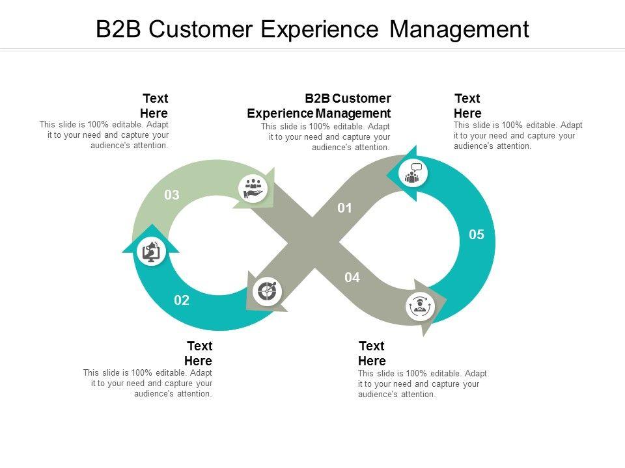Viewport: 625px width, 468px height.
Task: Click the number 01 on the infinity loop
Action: (x=344, y=208)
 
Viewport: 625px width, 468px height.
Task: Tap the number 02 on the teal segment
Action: (x=182, y=300)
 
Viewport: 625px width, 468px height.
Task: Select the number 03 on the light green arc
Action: (x=172, y=194)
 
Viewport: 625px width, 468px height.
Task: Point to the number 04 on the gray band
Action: (x=352, y=278)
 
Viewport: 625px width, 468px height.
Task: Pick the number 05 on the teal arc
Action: (x=477, y=235)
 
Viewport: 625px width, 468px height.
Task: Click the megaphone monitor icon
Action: (x=151, y=252)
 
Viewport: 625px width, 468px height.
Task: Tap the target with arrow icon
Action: (x=267, y=291)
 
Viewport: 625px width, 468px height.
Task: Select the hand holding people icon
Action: (x=253, y=188)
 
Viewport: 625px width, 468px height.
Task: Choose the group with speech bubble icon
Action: (x=413, y=173)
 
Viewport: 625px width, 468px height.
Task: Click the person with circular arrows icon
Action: (x=420, y=306)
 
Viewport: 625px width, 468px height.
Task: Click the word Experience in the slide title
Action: (x=320, y=29)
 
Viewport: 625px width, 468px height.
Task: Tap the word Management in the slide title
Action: (x=459, y=30)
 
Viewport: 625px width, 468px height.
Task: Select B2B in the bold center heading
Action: (x=317, y=98)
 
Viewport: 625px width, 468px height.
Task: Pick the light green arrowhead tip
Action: (x=274, y=168)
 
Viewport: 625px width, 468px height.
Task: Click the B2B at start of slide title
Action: (x=118, y=29)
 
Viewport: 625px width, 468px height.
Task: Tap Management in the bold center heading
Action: (x=353, y=113)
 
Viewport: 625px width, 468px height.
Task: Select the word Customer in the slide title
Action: (x=201, y=29)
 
